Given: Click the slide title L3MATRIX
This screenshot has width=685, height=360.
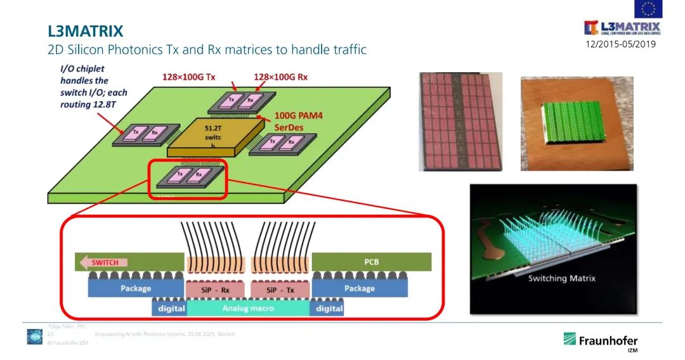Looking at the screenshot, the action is coord(86,30).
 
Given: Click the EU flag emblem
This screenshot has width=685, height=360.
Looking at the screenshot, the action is coord(648,9).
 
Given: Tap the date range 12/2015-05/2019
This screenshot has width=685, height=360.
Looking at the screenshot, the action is coord(620,44).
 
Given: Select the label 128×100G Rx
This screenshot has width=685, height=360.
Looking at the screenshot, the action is coord(280,77).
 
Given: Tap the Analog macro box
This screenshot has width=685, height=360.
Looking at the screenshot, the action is coord(247,309).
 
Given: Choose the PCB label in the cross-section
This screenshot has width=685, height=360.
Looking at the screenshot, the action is coord(371,261).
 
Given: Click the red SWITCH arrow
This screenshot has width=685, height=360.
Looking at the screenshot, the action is coord(101,262).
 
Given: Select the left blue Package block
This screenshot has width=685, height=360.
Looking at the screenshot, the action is coord(135,288).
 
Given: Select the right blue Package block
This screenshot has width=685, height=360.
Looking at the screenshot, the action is coord(359,288).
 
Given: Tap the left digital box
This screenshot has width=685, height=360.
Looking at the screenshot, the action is coord(169,309).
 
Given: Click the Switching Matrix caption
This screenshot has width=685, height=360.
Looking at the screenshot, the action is coord(562,278).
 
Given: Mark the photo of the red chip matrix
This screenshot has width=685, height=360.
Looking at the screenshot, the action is coord(460,121).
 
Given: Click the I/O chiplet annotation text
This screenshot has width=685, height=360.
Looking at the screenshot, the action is coord(93,86).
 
